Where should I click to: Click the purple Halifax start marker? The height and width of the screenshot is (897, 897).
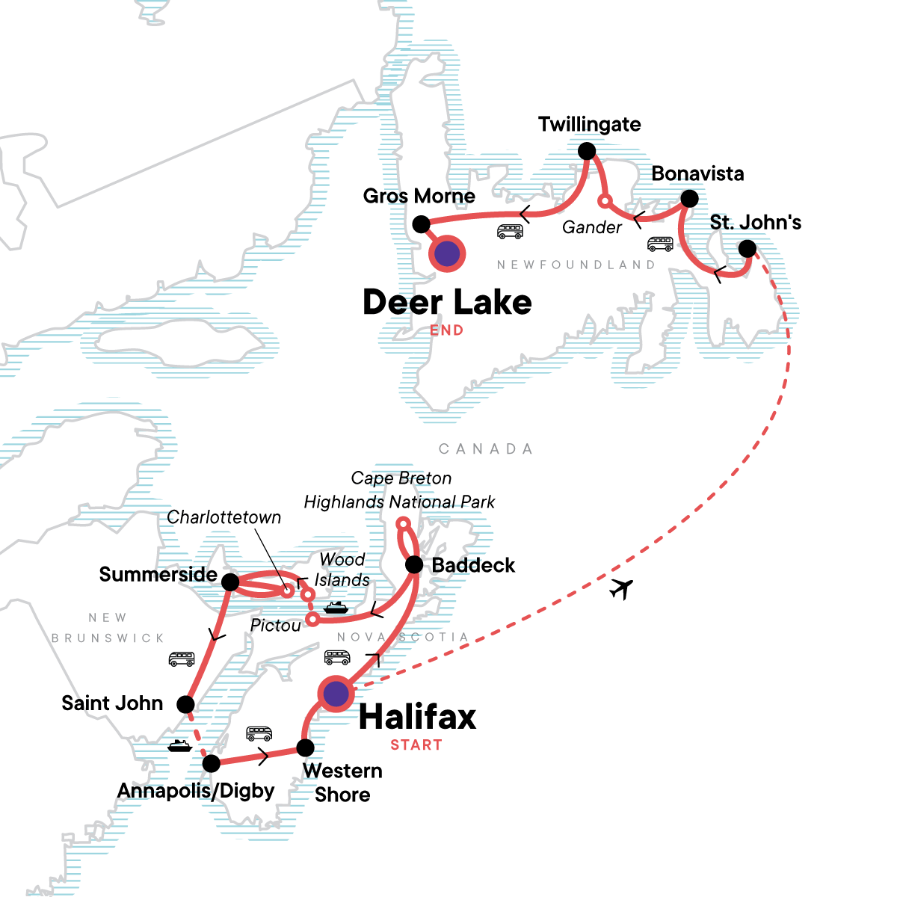336,694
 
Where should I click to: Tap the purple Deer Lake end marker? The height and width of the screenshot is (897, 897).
447,254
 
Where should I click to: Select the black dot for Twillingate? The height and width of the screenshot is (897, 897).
588,152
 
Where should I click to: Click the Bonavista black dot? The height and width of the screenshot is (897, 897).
690,199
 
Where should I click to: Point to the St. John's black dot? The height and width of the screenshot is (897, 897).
747,249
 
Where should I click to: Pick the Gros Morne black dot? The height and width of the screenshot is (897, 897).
421,224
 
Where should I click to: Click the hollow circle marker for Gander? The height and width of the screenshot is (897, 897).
605,200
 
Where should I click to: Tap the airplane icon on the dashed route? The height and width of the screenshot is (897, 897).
620,589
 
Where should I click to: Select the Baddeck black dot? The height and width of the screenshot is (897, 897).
414,565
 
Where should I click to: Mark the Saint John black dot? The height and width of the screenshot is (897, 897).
185,704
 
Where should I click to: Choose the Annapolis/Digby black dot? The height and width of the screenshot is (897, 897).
212,763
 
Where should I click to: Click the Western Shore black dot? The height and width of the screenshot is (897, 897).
305,747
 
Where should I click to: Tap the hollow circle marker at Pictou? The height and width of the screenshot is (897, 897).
312,619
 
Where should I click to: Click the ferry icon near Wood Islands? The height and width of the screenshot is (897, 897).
336,607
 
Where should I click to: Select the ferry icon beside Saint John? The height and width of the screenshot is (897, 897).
179,745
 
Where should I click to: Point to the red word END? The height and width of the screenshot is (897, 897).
446,330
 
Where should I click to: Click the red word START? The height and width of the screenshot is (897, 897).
416,745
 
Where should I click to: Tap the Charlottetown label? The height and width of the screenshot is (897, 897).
224,517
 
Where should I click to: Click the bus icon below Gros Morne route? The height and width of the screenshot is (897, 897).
510,232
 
